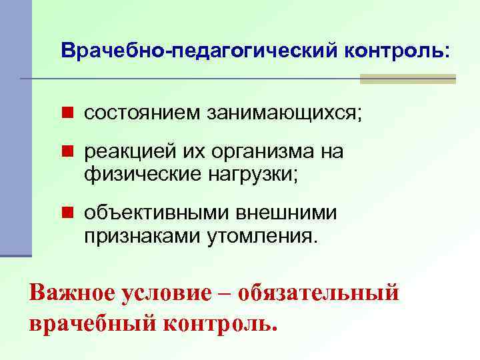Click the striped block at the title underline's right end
407,79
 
